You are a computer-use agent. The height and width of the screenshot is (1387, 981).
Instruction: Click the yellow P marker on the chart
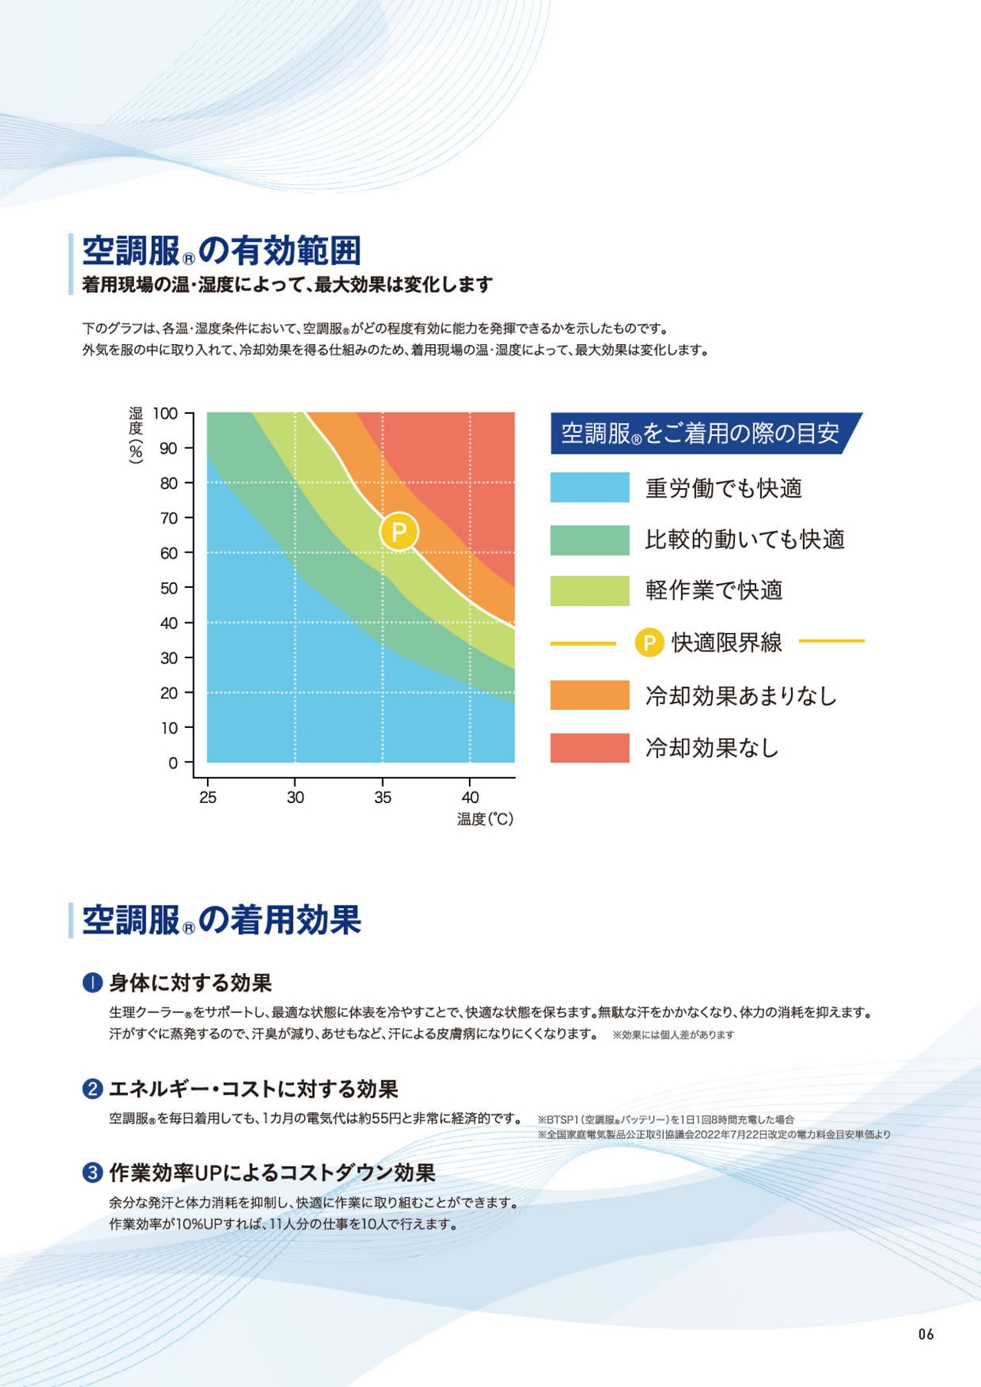tap(399, 532)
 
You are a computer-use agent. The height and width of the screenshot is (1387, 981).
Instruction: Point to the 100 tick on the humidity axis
tap(166, 414)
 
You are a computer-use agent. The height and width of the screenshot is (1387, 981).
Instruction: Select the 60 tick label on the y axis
tap(169, 553)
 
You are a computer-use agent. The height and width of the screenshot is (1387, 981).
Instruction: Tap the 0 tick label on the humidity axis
tap(173, 763)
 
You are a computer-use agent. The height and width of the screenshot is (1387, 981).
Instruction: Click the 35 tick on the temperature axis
tap(382, 798)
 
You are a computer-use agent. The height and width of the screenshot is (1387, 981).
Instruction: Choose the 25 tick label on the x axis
tap(208, 798)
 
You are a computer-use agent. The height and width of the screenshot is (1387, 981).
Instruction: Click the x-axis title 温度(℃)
tap(485, 819)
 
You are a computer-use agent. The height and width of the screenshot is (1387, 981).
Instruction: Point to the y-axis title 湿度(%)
tap(136, 435)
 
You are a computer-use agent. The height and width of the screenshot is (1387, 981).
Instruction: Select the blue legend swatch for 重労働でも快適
tap(589, 487)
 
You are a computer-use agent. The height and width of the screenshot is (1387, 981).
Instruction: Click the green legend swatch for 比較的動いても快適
tap(589, 539)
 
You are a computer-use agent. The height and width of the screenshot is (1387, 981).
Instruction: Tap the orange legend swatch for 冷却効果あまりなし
tap(589, 695)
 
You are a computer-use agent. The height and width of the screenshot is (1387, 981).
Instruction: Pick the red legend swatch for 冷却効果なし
tap(589, 747)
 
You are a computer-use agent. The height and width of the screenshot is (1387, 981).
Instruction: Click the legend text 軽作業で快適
tap(714, 590)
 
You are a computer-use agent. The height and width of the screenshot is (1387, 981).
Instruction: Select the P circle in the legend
tap(649, 642)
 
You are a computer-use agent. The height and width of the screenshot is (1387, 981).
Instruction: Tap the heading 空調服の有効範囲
tap(221, 251)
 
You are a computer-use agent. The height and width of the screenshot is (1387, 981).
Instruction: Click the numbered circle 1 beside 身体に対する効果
tap(92, 982)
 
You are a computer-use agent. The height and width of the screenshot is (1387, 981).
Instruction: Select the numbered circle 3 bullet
tap(92, 1172)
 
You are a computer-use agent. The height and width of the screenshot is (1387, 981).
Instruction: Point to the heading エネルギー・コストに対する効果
tap(253, 1089)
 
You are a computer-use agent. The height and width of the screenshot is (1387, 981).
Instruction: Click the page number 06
tap(926, 1334)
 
